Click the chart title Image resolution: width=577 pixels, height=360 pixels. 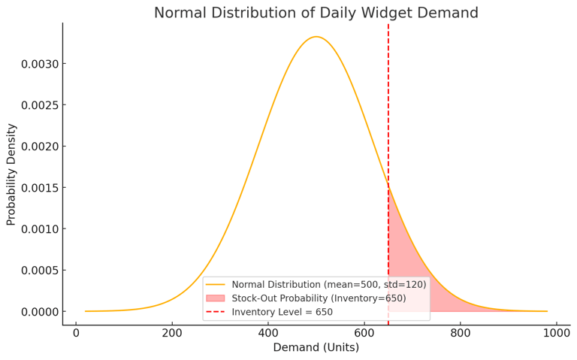[316, 13]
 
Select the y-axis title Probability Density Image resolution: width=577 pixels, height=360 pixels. [11, 174]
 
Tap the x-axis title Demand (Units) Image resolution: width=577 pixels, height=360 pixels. [316, 347]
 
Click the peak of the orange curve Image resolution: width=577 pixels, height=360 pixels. [316, 37]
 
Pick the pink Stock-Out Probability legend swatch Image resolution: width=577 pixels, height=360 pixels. [216, 298]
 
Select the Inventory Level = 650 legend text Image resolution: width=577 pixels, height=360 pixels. [282, 312]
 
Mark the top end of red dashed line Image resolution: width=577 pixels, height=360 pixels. [388, 25]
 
